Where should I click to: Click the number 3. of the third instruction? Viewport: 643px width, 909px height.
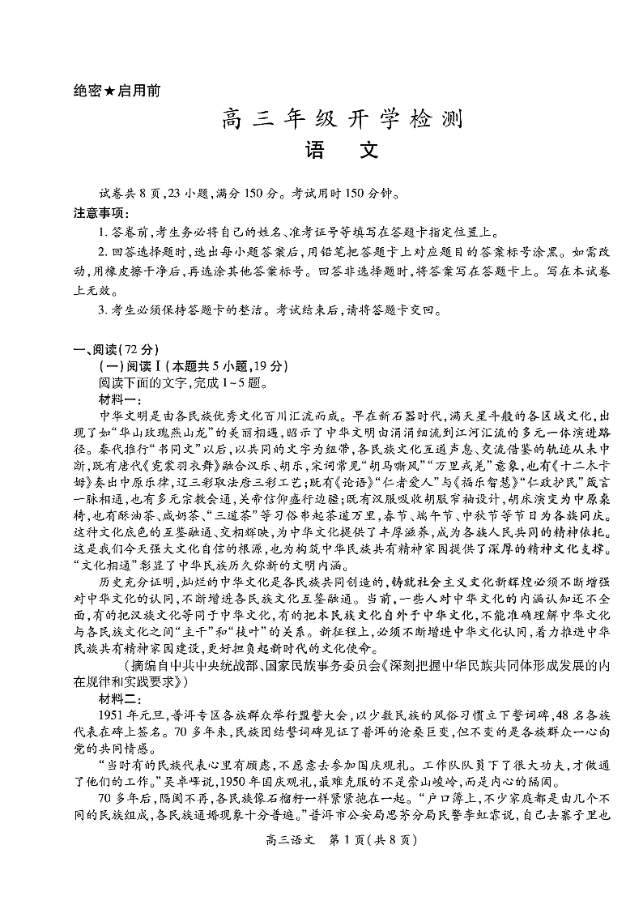pos(103,309)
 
